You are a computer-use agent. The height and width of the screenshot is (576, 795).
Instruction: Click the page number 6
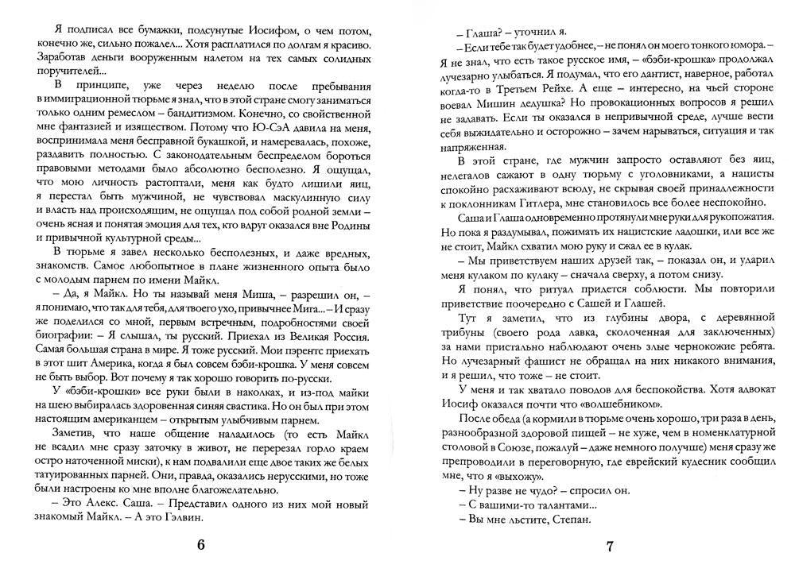tap(201, 546)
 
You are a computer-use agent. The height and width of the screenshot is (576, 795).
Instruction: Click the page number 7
tap(610, 547)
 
